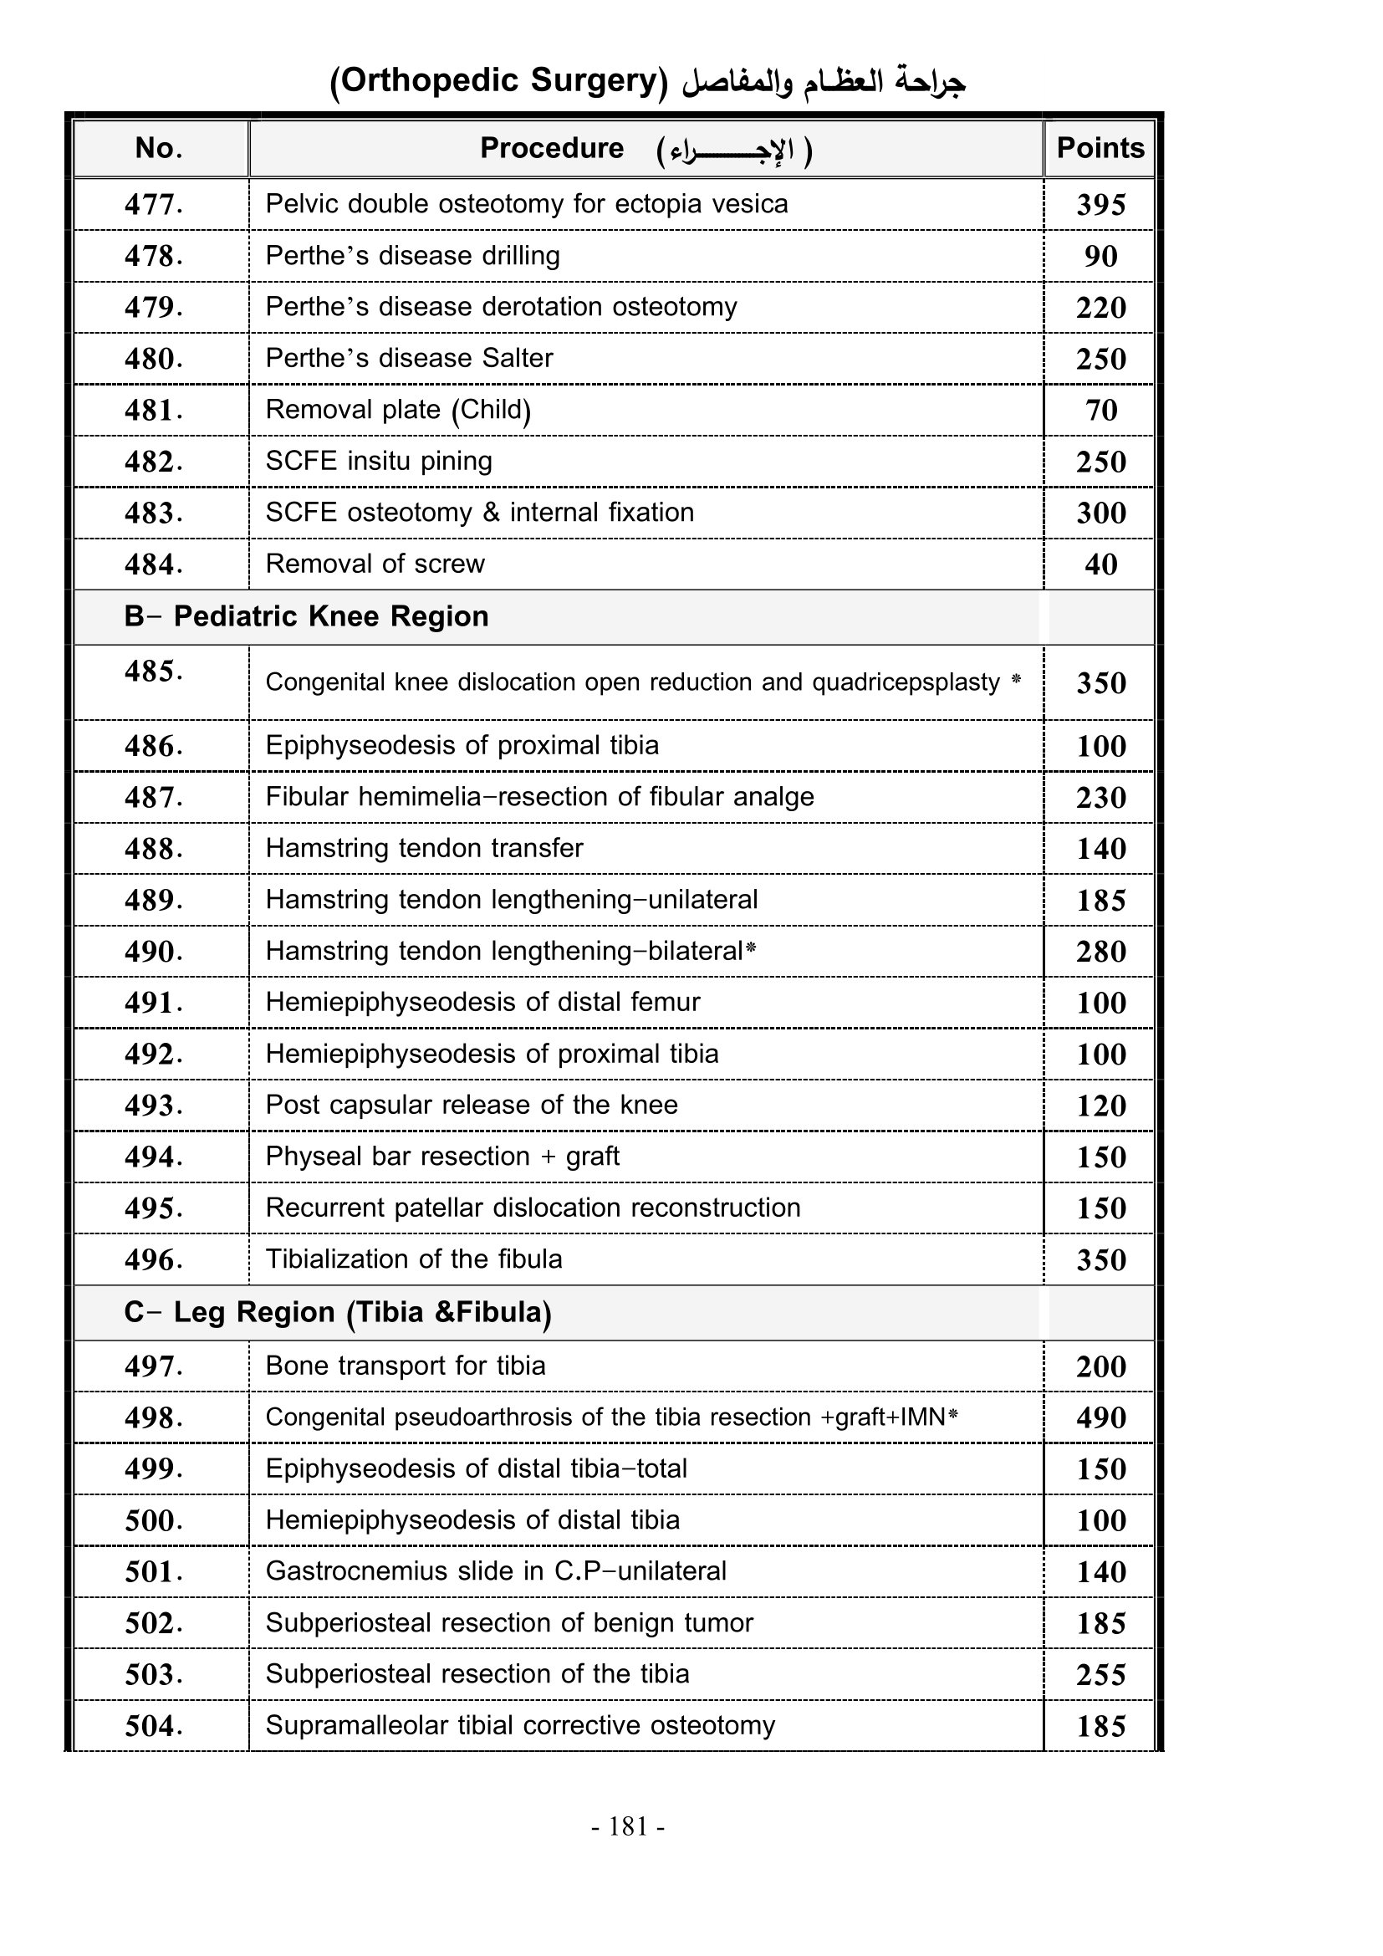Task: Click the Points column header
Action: pyautogui.click(x=1100, y=148)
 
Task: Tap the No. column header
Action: pyautogui.click(x=159, y=148)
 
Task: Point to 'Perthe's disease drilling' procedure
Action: pyautogui.click(x=412, y=256)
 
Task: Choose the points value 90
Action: pyautogui.click(x=1100, y=257)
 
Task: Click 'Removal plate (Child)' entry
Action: pyautogui.click(x=398, y=410)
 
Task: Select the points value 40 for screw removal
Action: pyautogui.click(x=1100, y=564)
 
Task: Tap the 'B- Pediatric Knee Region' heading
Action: pyautogui.click(x=306, y=616)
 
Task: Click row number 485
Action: pyautogui.click(x=153, y=672)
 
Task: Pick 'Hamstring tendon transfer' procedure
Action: pyautogui.click(x=424, y=849)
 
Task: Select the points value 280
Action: pyautogui.click(x=1100, y=952)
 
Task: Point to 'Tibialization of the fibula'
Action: pyautogui.click(x=414, y=1259)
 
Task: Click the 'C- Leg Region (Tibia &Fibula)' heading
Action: pyautogui.click(x=337, y=1312)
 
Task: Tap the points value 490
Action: pyautogui.click(x=1100, y=1417)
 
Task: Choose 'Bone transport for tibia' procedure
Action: pyautogui.click(x=406, y=1366)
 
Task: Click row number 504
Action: pyautogui.click(x=153, y=1726)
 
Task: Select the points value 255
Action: pyautogui.click(x=1100, y=1675)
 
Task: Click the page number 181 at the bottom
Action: pyautogui.click(x=629, y=1826)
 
